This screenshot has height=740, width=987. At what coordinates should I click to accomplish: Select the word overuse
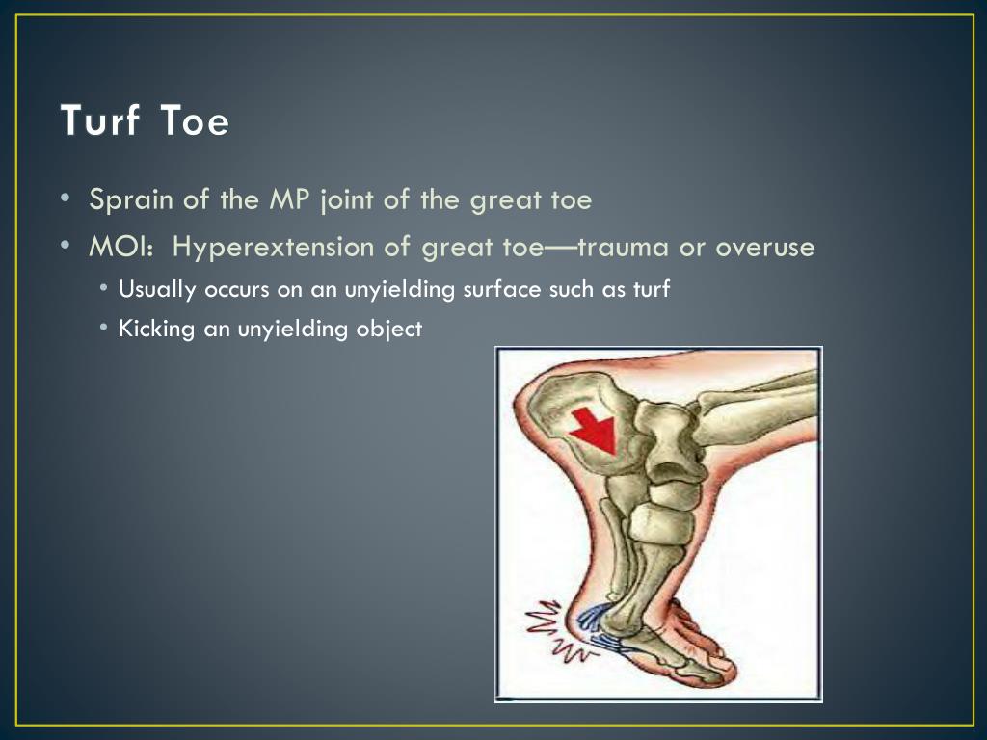point(765,248)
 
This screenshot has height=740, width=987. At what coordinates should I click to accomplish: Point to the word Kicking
point(156,329)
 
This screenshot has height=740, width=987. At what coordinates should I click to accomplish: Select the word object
point(390,329)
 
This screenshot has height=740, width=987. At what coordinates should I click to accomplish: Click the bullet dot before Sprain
point(64,200)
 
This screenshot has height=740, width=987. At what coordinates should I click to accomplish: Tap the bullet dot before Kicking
point(104,329)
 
